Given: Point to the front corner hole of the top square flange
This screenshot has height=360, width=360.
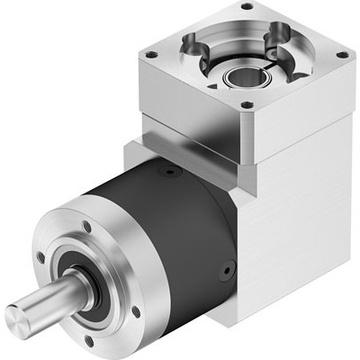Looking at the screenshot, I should pos(247,104).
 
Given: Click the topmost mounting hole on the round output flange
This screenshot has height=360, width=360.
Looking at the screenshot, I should pos(86,226).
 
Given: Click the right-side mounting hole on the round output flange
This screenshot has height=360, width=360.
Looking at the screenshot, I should pos(135,311).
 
